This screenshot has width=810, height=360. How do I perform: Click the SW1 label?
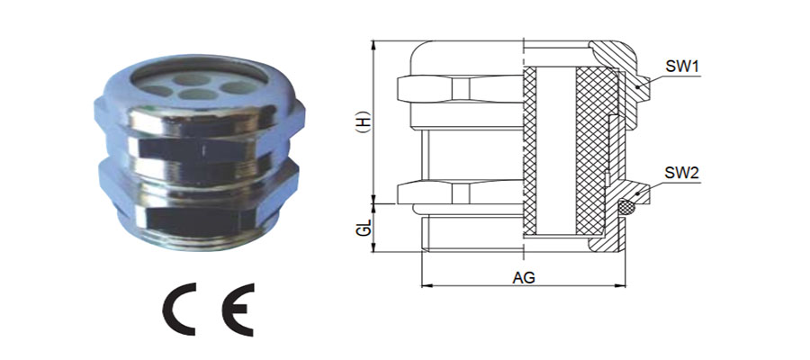click(681, 67)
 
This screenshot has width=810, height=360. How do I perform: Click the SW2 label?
click(681, 173)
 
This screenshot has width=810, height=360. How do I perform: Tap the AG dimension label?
click(523, 277)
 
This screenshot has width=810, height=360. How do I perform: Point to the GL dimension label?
click(364, 228)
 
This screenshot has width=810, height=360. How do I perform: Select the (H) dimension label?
click(364, 121)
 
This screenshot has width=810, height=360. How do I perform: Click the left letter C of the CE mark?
click(180, 310)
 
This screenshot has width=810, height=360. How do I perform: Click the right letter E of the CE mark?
click(238, 310)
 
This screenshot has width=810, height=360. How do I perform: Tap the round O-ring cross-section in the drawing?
click(626, 208)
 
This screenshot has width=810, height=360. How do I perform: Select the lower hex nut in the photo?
click(200, 196)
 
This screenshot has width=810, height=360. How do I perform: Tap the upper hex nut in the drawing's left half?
click(460, 88)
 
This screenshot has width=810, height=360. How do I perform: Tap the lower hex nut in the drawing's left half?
click(460, 193)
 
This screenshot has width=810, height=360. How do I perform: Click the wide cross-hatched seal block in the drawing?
click(597, 151)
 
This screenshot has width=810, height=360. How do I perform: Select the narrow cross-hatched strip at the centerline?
click(529, 151)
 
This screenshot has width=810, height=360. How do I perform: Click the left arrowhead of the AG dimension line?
click(427, 285)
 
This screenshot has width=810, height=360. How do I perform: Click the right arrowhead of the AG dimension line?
click(621, 285)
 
